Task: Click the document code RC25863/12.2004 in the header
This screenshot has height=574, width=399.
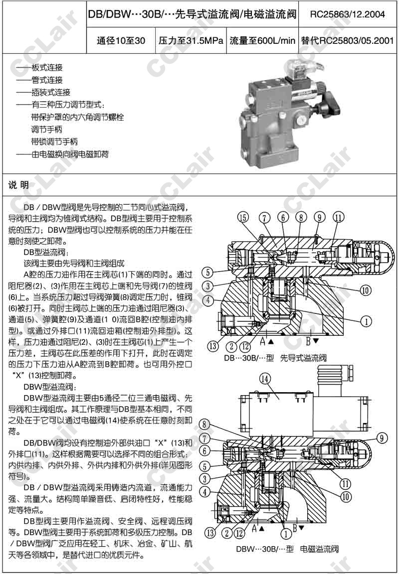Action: (347, 14)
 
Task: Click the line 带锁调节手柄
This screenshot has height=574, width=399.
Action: (54, 142)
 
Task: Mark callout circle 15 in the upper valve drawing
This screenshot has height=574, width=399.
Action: (243, 217)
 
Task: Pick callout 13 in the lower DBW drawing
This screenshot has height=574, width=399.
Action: (211, 532)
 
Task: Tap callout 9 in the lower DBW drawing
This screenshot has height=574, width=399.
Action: (382, 438)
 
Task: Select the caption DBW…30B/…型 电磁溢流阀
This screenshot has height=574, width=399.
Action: (288, 549)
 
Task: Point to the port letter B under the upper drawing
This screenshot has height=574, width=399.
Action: (308, 341)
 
